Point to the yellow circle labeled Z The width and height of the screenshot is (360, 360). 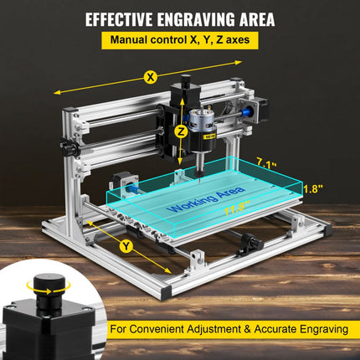(179, 131)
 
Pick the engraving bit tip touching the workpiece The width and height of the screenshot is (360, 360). (199, 175)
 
